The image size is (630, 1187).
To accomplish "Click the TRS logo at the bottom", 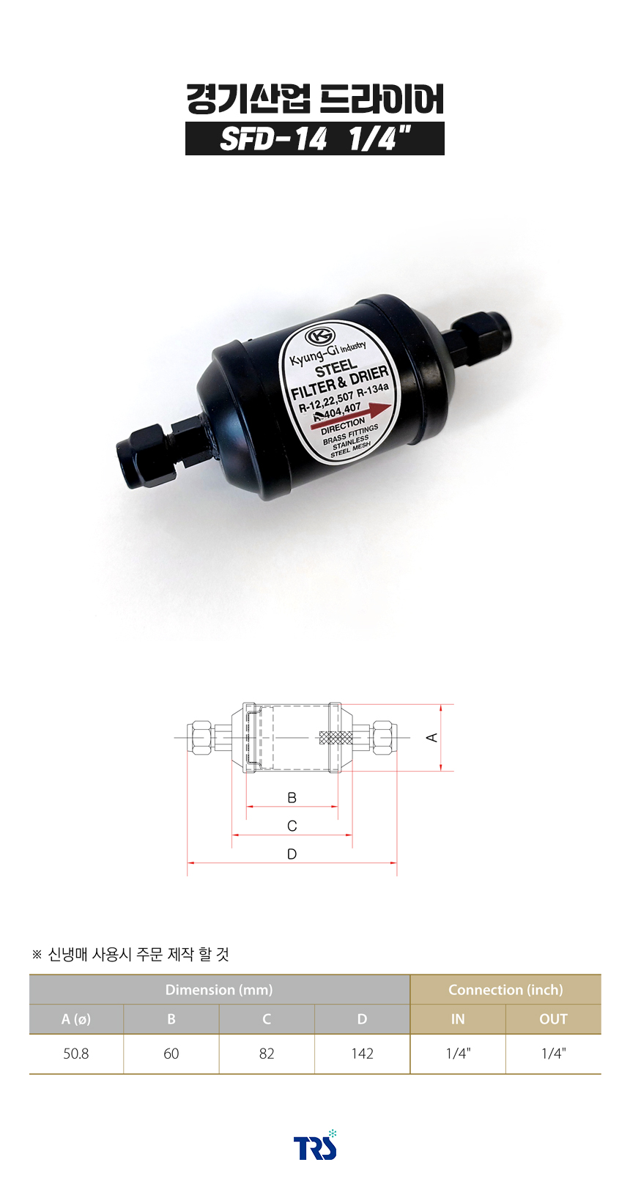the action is (315, 1145).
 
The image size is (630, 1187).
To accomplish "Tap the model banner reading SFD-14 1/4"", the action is (315, 138).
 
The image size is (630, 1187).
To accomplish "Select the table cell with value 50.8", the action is (76, 1054).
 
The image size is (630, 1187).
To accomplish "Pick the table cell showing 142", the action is (363, 1054).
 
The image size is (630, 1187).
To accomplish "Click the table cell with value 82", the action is (267, 1054).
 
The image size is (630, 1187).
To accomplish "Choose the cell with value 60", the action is (171, 1054).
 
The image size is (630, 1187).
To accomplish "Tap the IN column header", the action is (458, 1019).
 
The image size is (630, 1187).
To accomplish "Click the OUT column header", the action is (553, 1019).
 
